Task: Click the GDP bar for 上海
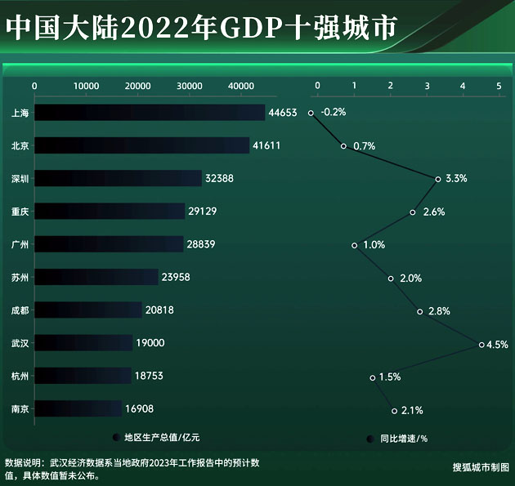pos(150,113)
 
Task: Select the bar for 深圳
pos(118,178)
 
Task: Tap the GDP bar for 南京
pos(78,408)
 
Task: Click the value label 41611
pos(271,145)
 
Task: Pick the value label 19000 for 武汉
pos(151,343)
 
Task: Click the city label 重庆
pos(20,212)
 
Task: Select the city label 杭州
pos(20,376)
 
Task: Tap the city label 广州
pos(20,244)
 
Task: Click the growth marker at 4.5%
pos(481,345)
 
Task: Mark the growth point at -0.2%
pos(311,113)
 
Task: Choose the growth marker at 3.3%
pos(438,179)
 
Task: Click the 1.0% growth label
pos(374,245)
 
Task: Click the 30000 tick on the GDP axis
pos(190,86)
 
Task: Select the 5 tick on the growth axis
pos(499,86)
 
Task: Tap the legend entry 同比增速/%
pos(398,439)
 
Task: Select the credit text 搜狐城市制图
pos(481,467)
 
